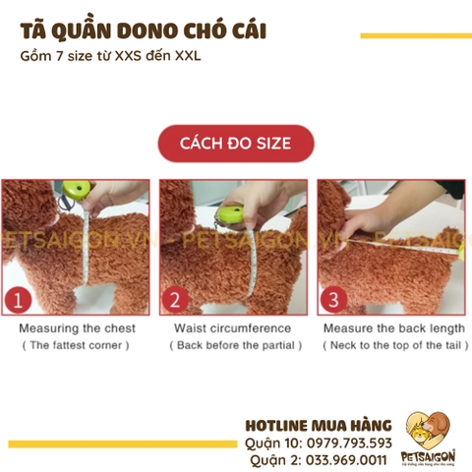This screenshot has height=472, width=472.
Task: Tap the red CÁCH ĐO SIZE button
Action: [235, 144]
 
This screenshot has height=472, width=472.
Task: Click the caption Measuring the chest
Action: [77, 327]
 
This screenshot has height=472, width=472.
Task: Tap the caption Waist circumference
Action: [233, 327]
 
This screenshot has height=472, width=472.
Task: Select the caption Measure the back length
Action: [394, 327]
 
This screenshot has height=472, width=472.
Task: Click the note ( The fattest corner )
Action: [77, 345]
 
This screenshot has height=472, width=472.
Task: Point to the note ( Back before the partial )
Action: [235, 345]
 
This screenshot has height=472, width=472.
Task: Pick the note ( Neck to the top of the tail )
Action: [394, 345]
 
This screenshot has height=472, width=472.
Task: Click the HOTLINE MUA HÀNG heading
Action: [318, 425]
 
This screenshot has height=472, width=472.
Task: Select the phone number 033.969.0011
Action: [343, 458]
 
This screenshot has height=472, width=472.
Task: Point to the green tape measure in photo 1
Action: [78, 185]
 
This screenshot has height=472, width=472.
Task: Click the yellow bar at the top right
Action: [415, 36]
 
